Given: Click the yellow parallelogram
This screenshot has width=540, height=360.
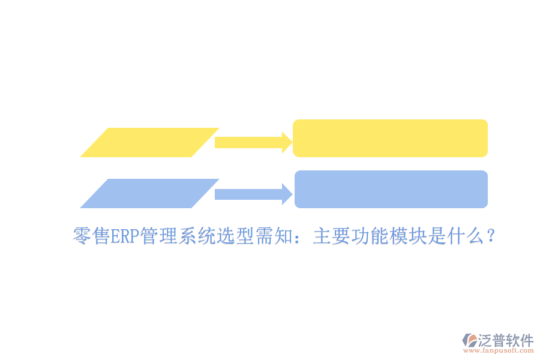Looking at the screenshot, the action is click(x=149, y=143).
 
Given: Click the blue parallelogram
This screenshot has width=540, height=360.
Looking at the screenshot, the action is click(x=149, y=194).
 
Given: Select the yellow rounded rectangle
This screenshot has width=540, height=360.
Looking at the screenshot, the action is click(x=390, y=138).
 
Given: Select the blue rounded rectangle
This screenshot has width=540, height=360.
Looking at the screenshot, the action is click(x=391, y=189).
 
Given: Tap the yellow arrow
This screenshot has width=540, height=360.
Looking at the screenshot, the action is click(x=253, y=142).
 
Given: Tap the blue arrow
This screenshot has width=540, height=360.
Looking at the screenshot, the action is click(x=253, y=194).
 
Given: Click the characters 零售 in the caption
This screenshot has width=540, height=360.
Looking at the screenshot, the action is click(x=92, y=236).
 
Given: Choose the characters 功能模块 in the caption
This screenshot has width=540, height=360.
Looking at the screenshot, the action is click(x=389, y=236).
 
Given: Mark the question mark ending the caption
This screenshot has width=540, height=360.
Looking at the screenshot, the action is click(x=491, y=236).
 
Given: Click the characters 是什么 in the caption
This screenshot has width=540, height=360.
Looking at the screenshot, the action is click(x=456, y=236).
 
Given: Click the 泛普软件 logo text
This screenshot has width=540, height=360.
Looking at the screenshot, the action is click(x=506, y=341).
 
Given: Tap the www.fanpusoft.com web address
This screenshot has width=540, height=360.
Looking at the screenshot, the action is click(x=499, y=350).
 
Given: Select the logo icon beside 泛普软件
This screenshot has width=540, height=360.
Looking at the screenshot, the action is click(x=470, y=340).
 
